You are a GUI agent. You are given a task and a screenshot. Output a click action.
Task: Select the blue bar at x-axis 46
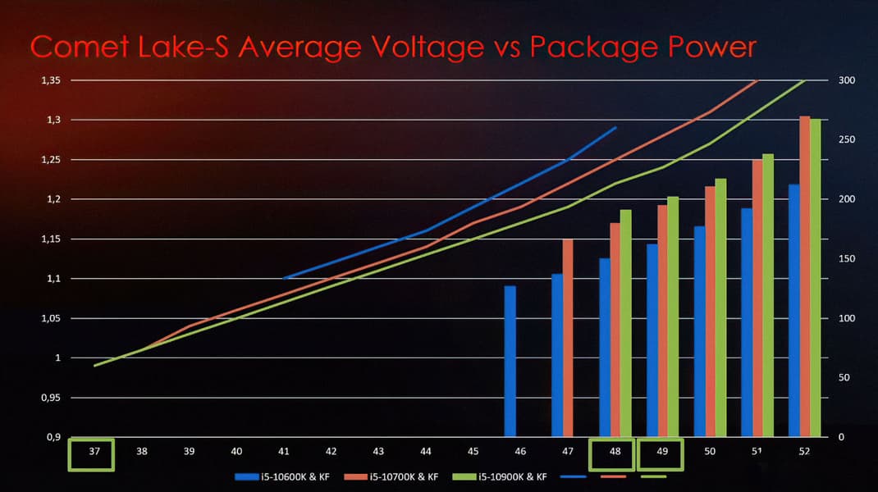click(510, 361)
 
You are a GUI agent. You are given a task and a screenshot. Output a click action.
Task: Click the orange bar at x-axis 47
click(568, 337)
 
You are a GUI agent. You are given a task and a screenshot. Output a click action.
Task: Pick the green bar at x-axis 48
click(626, 323)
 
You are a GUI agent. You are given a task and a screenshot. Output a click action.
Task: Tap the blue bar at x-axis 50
click(699, 331)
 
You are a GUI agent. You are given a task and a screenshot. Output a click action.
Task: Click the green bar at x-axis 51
click(768, 295)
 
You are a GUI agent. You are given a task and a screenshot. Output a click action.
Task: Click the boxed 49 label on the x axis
click(662, 452)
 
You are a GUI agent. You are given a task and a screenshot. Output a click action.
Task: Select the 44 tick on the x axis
click(425, 452)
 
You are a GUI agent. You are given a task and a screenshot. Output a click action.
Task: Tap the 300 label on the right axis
click(846, 80)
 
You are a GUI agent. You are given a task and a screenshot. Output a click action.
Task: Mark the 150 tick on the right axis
click(846, 259)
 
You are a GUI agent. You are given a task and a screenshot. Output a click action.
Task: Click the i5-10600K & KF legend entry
click(284, 476)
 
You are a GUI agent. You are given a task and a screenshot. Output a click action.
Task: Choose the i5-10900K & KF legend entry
click(514, 476)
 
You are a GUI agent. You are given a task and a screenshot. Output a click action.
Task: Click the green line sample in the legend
click(653, 476)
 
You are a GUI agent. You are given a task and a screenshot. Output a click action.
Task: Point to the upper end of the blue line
click(616, 127)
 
